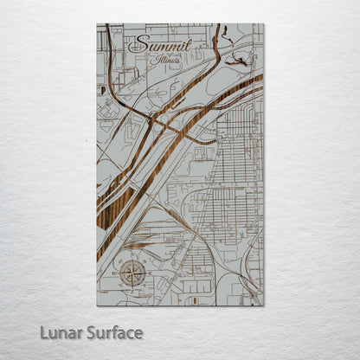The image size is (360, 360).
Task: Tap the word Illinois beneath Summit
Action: tap(164, 62)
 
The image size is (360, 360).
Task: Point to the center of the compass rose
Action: tap(132, 274)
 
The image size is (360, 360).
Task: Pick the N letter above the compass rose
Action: tap(132, 257)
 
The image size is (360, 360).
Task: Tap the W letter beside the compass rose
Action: tap(117, 274)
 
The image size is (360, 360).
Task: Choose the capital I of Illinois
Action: tap(151, 61)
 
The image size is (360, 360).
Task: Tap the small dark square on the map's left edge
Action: tap(103, 89)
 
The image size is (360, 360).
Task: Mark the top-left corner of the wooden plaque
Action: tap(97, 23)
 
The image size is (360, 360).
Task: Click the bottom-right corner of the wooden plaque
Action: tap(264, 305)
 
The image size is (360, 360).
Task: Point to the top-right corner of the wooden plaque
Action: tap(264, 23)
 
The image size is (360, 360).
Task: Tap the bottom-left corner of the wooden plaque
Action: tap(97, 305)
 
